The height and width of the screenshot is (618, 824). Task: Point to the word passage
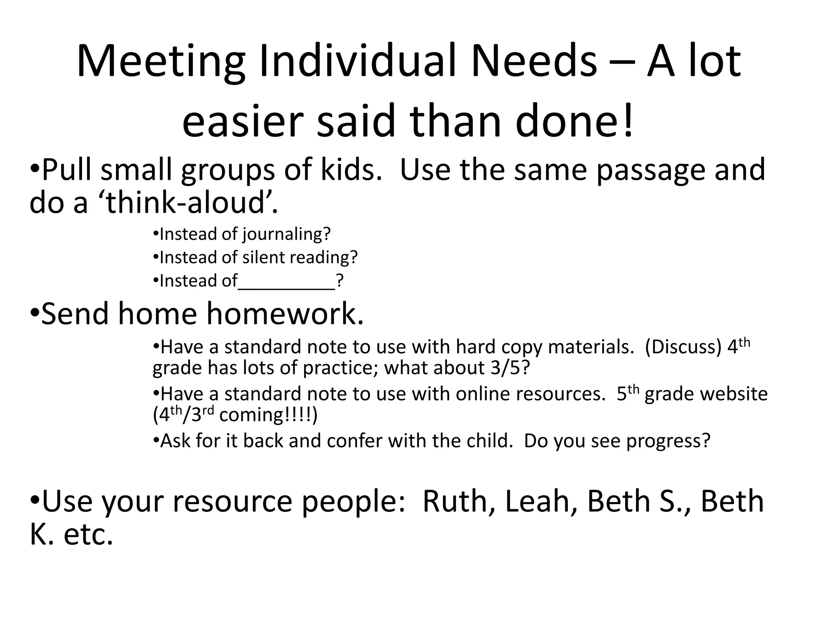coord(651,171)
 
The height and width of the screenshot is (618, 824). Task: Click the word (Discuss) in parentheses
coord(683,347)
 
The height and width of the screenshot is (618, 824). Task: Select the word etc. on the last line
coord(88,535)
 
